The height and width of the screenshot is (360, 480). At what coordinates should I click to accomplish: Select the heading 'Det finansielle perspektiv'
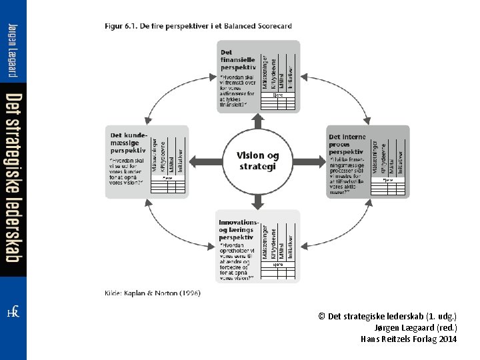238,60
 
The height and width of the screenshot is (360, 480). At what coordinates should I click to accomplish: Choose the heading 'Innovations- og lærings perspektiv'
238,229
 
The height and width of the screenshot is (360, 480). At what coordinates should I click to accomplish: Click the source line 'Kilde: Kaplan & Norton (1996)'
153,293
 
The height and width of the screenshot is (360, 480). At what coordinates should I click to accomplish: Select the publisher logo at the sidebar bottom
13,313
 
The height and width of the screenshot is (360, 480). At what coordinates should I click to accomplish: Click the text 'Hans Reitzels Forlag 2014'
409,339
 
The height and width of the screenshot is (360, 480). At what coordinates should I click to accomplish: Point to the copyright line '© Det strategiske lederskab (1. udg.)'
388,317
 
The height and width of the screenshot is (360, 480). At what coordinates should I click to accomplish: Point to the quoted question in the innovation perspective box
237,260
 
